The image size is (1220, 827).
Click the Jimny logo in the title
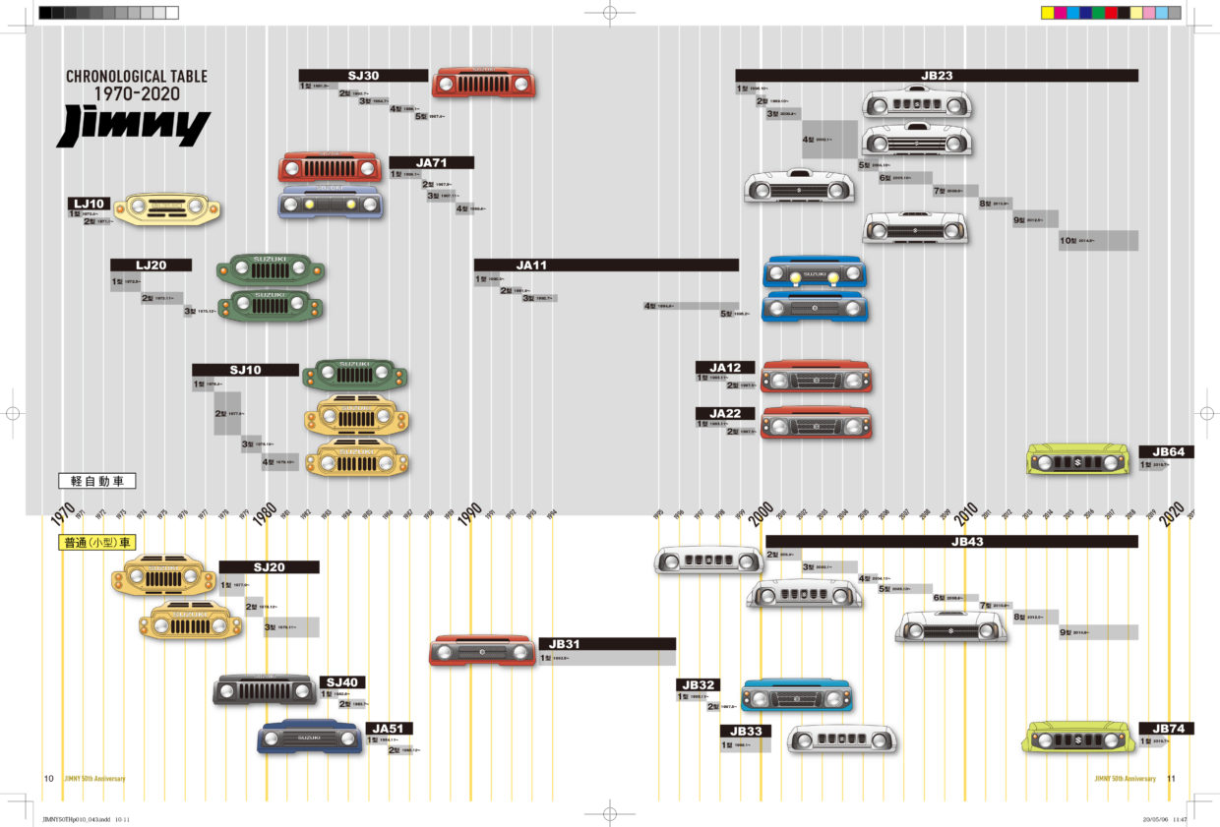(134, 127)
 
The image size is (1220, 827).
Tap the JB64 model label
(1167, 452)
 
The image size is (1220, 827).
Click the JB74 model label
(1167, 729)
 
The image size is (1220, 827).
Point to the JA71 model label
(431, 162)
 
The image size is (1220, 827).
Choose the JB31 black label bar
(607, 644)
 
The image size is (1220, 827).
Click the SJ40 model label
(342, 682)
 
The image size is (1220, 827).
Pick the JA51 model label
(390, 729)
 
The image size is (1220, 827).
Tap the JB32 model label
(698, 684)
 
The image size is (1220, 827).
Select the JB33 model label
(745, 731)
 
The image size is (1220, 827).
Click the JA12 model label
(725, 368)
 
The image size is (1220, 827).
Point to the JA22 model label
(725, 413)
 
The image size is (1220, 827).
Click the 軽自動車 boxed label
(96, 482)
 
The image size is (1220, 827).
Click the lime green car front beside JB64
(1078, 459)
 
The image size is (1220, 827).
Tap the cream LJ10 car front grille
(166, 209)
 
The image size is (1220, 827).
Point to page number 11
(1171, 779)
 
